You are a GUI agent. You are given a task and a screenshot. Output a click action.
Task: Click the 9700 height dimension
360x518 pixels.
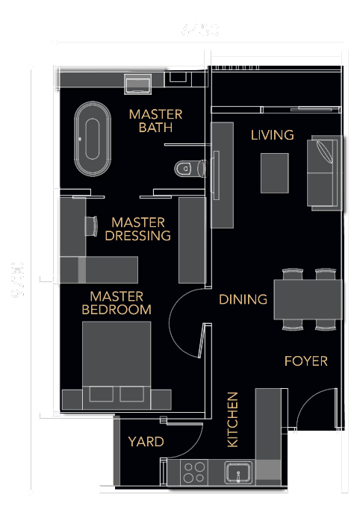tap(18, 279)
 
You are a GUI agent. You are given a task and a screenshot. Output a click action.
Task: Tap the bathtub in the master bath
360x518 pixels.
tap(93, 140)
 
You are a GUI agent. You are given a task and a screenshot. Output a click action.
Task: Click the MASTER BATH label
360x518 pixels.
tap(155, 121)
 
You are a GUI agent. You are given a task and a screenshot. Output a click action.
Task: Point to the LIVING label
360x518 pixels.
tap(272, 135)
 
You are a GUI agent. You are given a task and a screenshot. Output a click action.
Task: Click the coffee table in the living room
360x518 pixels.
tap(274, 172)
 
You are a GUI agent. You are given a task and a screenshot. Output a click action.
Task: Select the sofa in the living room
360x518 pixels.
tap(325, 172)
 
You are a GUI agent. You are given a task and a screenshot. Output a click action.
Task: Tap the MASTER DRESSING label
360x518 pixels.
tap(138, 229)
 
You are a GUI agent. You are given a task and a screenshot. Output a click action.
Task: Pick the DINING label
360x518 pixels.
tap(243, 299)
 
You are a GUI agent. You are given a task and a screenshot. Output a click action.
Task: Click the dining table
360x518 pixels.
tap(308, 299)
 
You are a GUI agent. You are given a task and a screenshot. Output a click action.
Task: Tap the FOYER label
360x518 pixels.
tap(305, 361)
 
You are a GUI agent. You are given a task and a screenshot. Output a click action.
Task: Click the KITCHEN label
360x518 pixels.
tap(232, 419)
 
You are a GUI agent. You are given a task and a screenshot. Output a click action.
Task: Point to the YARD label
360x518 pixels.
tap(146, 442)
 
